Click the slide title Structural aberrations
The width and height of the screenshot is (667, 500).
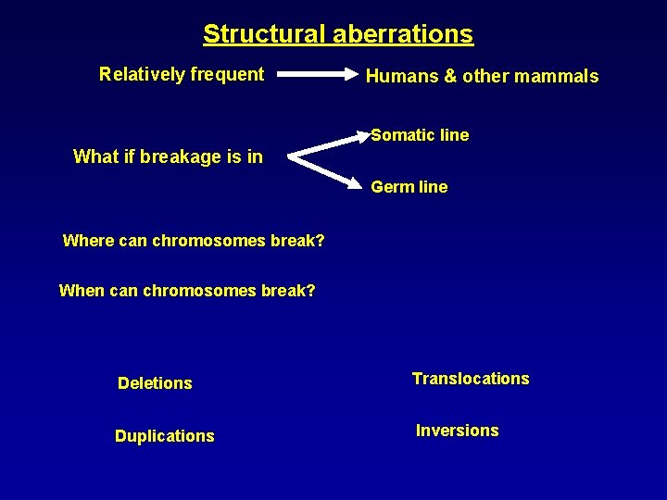[338, 34]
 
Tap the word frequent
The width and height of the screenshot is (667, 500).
[228, 74]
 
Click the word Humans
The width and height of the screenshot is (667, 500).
[401, 76]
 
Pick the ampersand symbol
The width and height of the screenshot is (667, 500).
[451, 76]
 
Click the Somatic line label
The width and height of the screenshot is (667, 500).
[420, 135]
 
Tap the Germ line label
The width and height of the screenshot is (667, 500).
[409, 187]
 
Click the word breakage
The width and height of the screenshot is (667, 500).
[183, 156]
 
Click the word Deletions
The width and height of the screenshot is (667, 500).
[155, 383]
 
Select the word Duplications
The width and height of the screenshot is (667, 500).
[164, 436]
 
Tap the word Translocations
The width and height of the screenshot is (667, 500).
[471, 379]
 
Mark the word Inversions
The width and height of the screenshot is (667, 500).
[457, 431]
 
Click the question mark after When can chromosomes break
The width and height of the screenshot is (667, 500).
[310, 291]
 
